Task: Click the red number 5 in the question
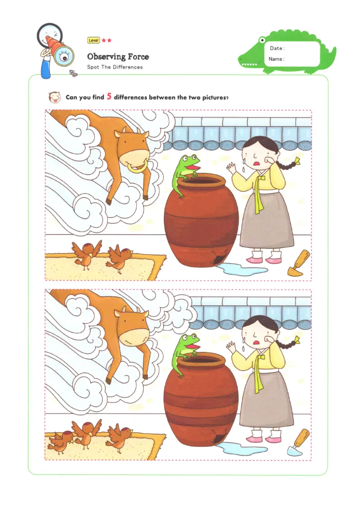(x=109, y=97)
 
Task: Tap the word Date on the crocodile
(x=277, y=48)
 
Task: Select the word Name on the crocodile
(x=276, y=59)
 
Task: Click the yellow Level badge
(x=94, y=40)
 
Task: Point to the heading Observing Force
(x=118, y=57)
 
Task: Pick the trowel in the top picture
(x=298, y=264)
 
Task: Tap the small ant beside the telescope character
(x=72, y=73)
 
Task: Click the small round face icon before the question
(x=55, y=97)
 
